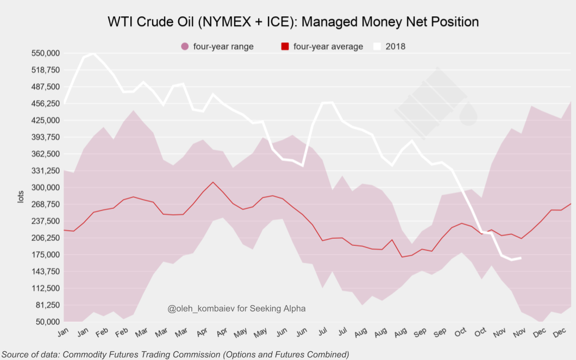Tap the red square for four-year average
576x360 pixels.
285,47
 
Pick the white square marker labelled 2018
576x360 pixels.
377,47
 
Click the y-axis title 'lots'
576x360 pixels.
21,196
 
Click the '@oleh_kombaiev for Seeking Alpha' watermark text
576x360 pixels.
236,309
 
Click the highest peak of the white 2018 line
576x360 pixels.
94,54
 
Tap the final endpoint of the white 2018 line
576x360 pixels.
521,258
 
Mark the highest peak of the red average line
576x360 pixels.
213,182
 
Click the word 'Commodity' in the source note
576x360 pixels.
82,355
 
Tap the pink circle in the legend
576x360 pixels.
184,47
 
